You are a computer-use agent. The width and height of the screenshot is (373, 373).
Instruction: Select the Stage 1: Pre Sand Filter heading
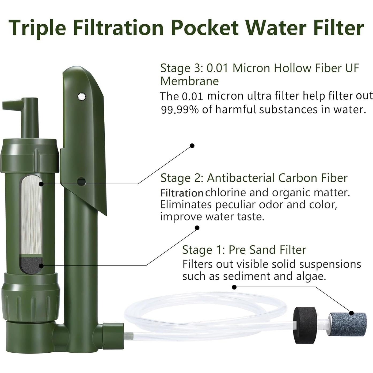coord(244,250)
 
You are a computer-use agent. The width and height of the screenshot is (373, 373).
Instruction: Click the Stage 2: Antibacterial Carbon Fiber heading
coord(254,178)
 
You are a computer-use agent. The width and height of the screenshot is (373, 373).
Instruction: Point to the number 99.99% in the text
coord(180,110)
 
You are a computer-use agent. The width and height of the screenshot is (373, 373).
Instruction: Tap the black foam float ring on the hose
coord(305,325)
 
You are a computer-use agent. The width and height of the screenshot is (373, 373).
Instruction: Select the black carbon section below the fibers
coord(32,265)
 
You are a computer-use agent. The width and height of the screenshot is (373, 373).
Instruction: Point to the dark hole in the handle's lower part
coord(81,182)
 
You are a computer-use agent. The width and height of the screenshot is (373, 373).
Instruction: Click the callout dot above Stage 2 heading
coord(192,146)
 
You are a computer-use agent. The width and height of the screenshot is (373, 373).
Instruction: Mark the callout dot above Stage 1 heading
coord(197,228)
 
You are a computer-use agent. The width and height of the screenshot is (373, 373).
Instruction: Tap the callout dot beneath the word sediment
coord(234,287)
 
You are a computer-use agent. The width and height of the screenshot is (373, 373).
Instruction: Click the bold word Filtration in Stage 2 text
coord(182,193)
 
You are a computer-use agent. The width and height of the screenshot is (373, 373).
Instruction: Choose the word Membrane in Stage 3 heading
coord(189,81)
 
